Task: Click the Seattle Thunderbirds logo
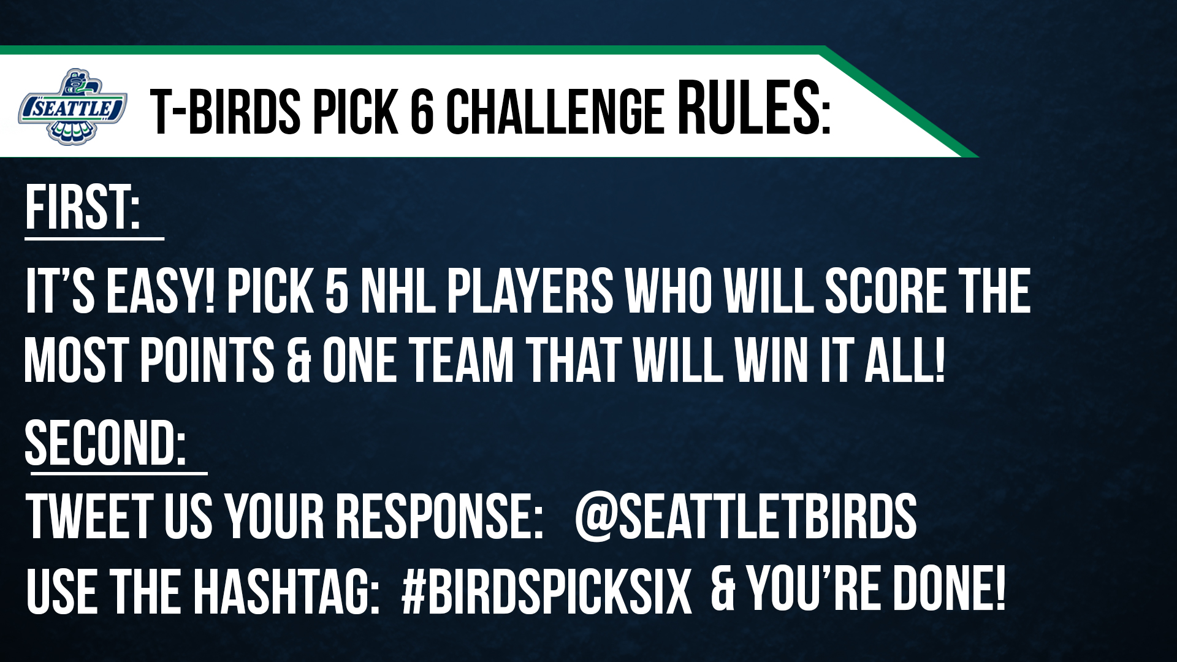point(73,107)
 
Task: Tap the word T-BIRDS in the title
point(225,112)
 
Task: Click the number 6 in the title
point(422,112)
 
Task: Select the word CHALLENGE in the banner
point(555,112)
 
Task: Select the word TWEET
point(90,517)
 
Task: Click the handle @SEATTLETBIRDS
point(745,517)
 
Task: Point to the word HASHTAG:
point(286,592)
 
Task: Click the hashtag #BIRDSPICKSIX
point(546,592)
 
